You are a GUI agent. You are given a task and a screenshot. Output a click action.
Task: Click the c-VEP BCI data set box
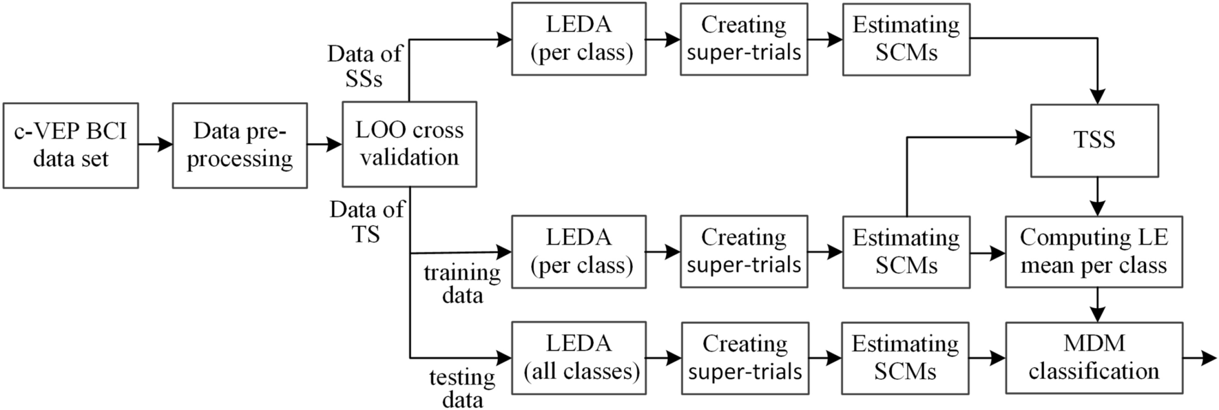(x=70, y=145)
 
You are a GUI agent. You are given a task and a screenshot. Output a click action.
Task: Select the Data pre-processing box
(x=240, y=145)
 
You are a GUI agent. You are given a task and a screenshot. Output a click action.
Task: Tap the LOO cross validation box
(x=409, y=144)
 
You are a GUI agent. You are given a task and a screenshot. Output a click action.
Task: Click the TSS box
(x=1094, y=140)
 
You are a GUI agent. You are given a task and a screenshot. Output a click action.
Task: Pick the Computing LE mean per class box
(x=1093, y=252)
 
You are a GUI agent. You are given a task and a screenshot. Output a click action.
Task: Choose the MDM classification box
(x=1094, y=358)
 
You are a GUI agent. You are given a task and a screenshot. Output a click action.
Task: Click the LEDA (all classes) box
(x=579, y=358)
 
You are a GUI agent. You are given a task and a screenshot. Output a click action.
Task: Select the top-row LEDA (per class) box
(x=579, y=39)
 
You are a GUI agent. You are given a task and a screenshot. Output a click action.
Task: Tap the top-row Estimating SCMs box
(x=906, y=39)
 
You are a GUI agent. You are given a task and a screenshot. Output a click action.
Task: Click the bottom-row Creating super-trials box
(x=744, y=358)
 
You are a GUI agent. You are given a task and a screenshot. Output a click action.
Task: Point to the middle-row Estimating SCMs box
(x=906, y=252)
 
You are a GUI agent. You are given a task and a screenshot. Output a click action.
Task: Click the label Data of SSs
(x=364, y=66)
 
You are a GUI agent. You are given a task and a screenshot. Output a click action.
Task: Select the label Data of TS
(x=366, y=222)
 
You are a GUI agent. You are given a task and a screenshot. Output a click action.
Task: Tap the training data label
(x=462, y=284)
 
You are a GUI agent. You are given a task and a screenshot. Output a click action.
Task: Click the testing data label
(x=462, y=389)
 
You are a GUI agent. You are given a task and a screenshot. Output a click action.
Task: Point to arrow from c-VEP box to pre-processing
(x=155, y=145)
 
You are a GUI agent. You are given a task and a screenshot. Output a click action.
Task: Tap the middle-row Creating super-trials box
(x=744, y=252)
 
